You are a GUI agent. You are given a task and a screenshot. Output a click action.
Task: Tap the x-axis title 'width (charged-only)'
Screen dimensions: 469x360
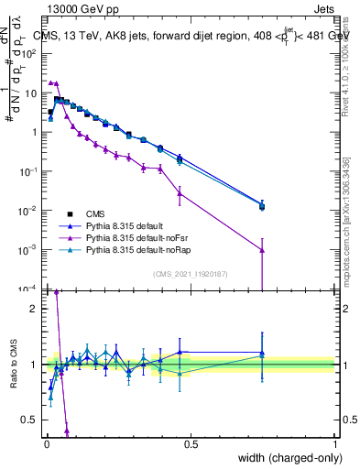pos(285,458)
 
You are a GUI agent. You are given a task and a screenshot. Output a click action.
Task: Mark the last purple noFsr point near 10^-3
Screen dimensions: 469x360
pos(263,250)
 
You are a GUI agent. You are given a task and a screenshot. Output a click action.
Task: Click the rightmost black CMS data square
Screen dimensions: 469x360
pos(263,207)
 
